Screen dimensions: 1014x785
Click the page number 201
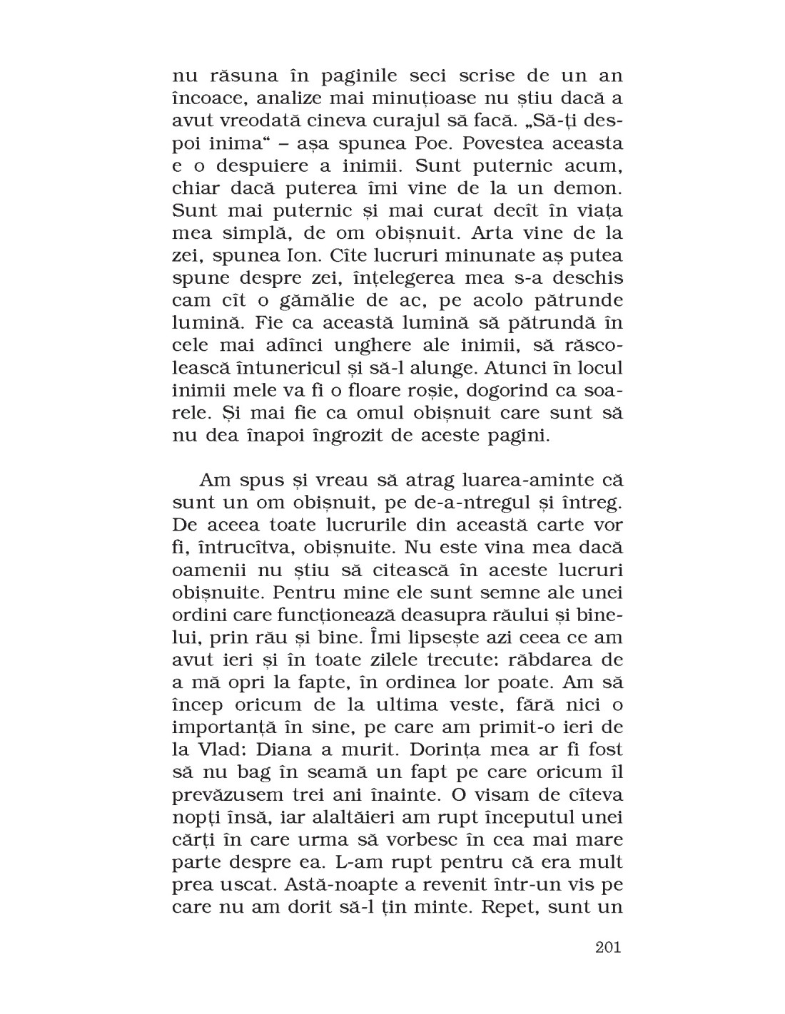(607, 948)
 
